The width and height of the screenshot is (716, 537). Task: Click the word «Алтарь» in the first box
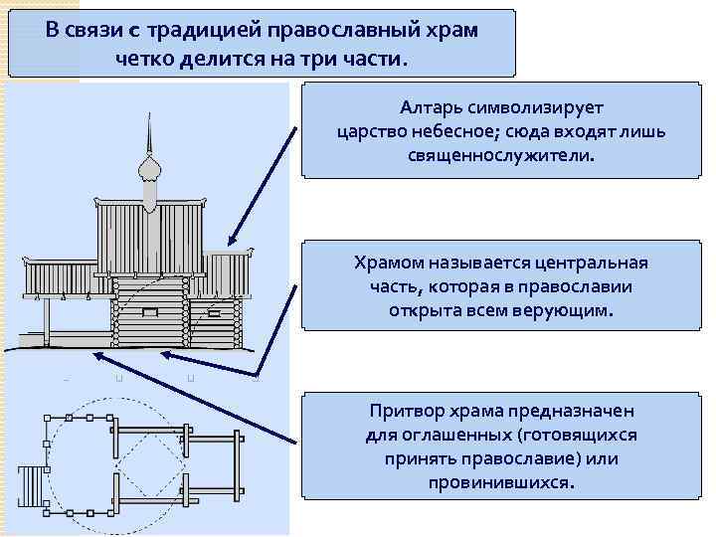coord(434,105)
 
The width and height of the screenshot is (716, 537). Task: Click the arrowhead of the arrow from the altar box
coord(230,243)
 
